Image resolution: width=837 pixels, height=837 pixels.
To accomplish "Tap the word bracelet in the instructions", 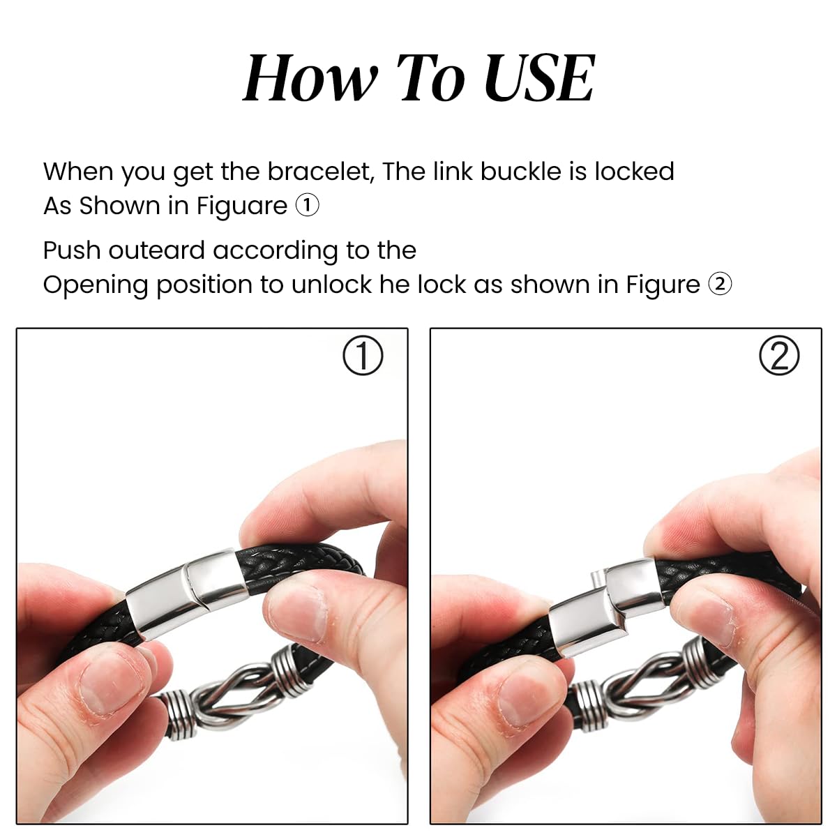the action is [x=321, y=171].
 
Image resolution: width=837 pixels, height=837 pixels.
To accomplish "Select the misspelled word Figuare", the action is [x=241, y=206].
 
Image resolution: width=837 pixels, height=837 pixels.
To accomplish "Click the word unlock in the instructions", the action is [x=331, y=285].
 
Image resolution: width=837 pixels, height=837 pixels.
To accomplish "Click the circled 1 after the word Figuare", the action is [x=307, y=206].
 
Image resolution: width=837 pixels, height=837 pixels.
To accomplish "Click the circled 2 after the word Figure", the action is [x=720, y=285].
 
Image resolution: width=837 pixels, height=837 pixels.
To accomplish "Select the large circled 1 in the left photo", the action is [x=363, y=356].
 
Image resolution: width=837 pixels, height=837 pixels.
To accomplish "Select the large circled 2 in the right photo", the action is [x=779, y=356].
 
